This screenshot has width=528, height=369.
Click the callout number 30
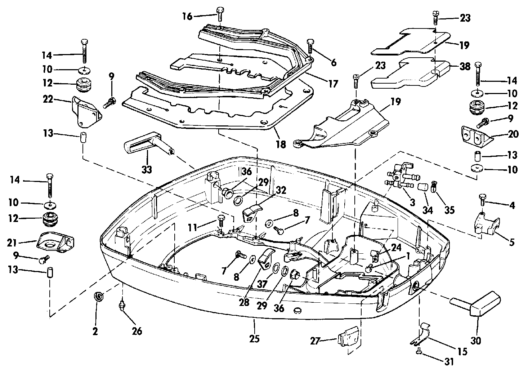point(476,341)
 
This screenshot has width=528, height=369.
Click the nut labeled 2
point(98,296)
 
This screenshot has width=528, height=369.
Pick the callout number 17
point(334,84)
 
